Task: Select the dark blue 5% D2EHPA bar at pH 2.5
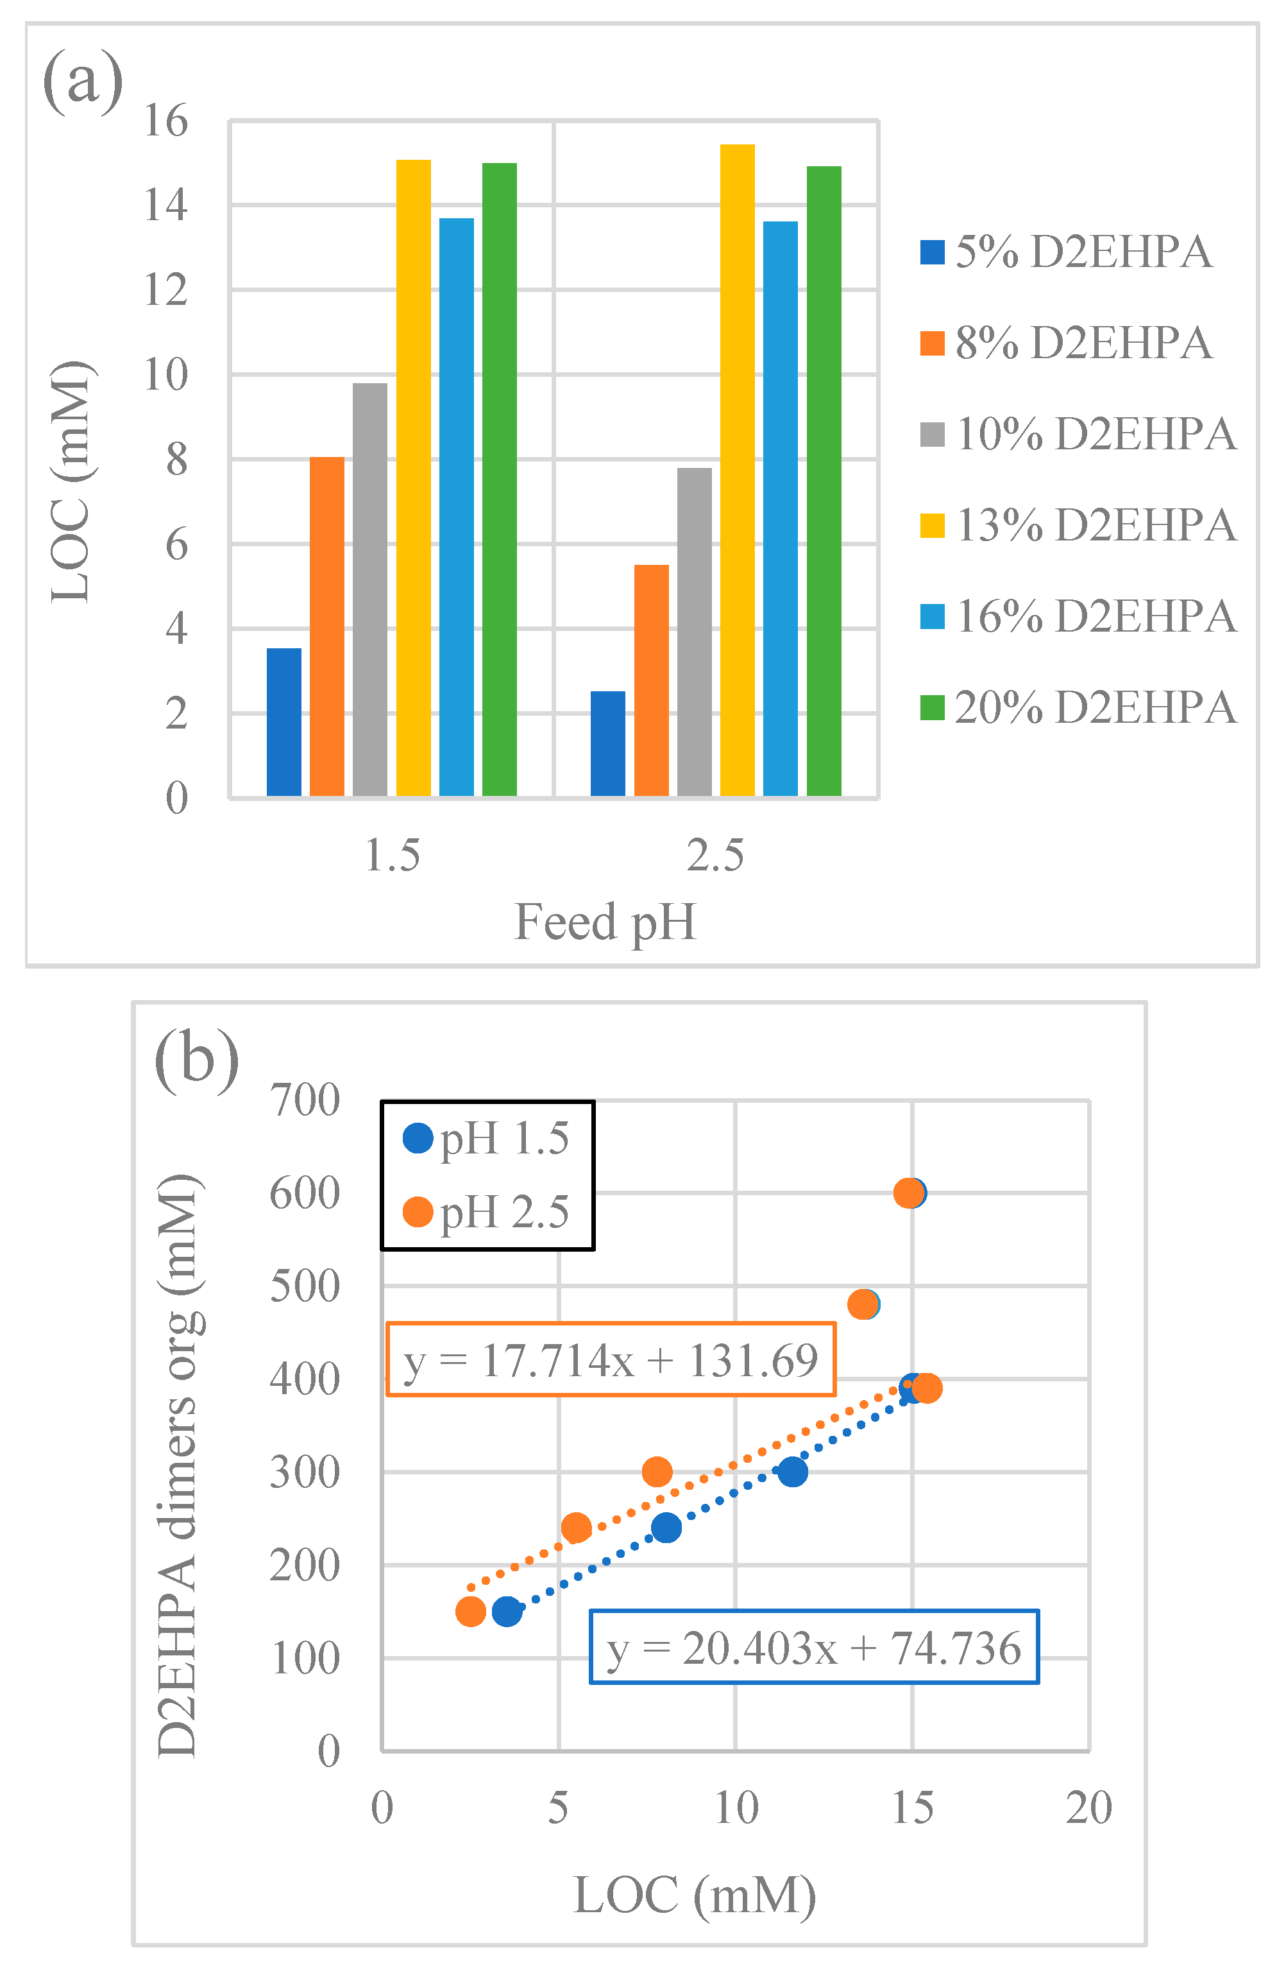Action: coord(607,743)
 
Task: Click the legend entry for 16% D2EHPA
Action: coord(1079,616)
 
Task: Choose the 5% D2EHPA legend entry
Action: coord(1066,252)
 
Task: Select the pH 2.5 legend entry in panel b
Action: coord(487,1213)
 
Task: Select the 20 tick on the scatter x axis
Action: coord(1088,1808)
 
